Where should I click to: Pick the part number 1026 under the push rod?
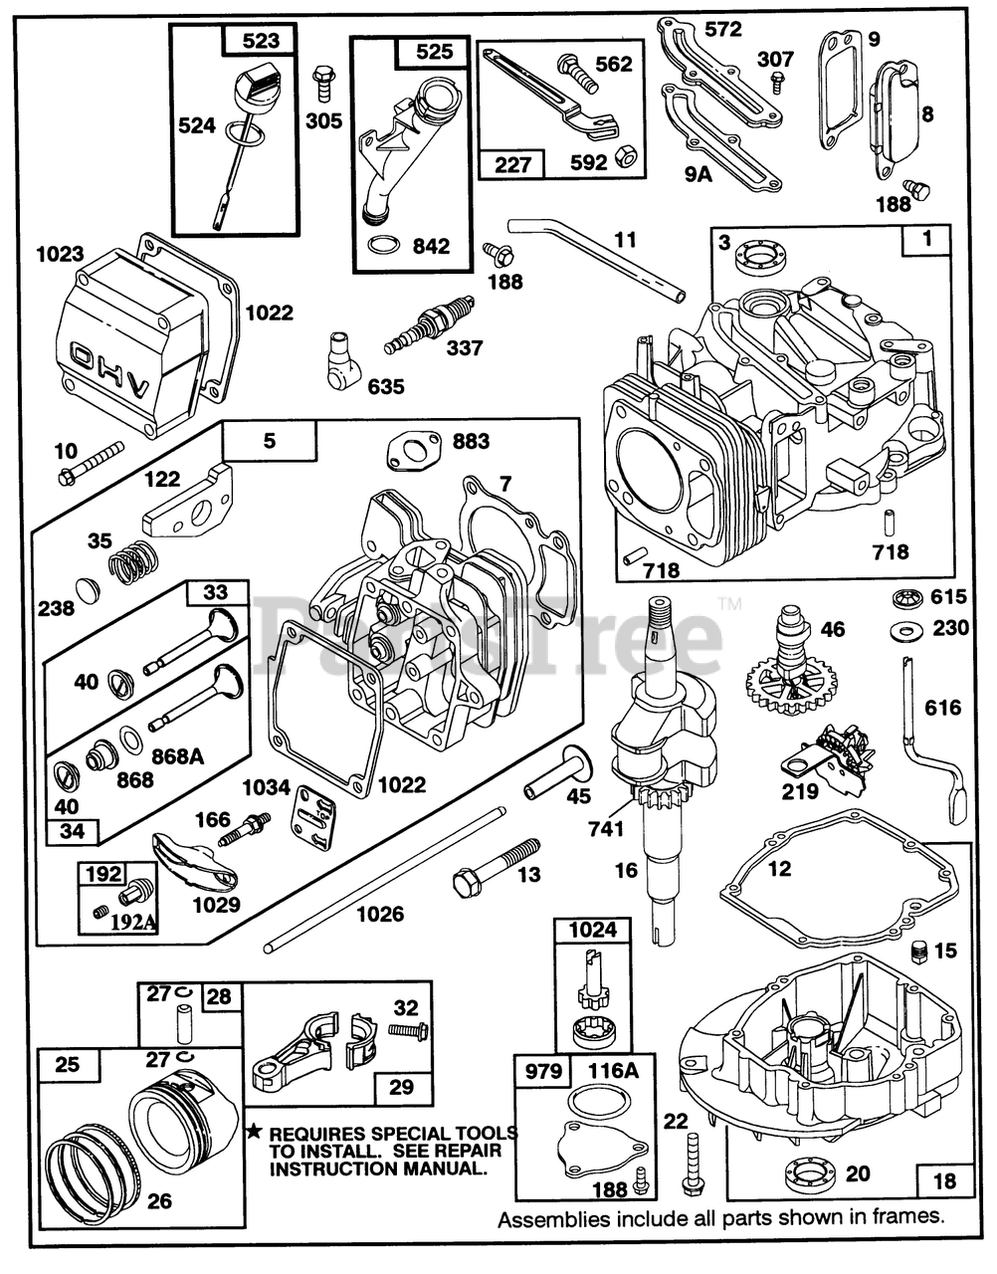[379, 913]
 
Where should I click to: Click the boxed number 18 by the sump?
[944, 1180]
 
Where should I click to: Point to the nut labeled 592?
[629, 156]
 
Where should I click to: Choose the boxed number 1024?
[592, 931]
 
